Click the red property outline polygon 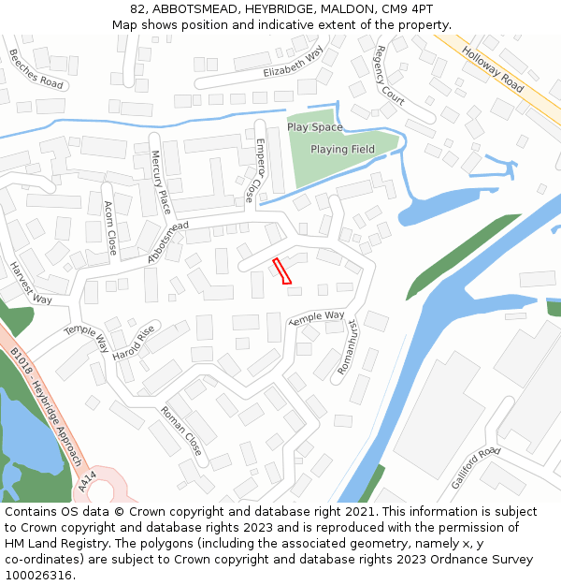[282, 271]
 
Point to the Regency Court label [390, 74]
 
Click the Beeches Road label [36, 67]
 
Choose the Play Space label [314, 127]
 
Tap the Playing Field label [342, 149]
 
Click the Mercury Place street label [160, 181]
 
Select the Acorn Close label [110, 227]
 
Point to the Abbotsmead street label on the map [167, 241]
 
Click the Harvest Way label [31, 282]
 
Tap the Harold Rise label [132, 344]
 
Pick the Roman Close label [180, 431]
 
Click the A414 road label [88, 481]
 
